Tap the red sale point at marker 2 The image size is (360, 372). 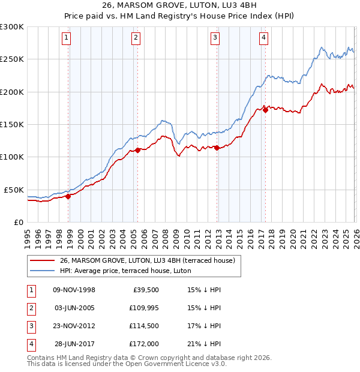[138, 150]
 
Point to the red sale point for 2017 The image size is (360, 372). [265, 109]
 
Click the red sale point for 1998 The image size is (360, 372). [68, 196]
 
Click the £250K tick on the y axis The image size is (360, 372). [12, 59]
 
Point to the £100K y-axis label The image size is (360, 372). [12, 157]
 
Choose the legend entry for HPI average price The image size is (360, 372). [125, 271]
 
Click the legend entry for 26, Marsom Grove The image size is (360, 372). [150, 260]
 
